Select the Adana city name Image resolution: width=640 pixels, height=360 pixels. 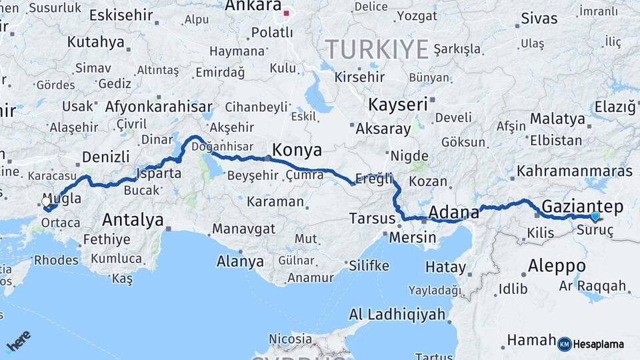[x=453, y=213]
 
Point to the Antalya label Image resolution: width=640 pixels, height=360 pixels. [x=133, y=219]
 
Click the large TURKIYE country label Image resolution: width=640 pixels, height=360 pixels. [x=377, y=49]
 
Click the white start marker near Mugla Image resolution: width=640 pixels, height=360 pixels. [x=46, y=201]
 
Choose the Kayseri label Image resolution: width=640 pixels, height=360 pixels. [x=397, y=104]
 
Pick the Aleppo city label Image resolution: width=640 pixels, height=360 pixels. [x=557, y=266]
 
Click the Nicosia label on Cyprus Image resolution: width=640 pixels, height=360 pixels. [x=290, y=339]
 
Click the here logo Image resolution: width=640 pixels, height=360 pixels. [x=18, y=341]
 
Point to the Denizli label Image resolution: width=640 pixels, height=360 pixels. [x=105, y=157]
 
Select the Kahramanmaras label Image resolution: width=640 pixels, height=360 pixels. [x=574, y=171]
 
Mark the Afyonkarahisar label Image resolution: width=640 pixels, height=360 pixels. [x=159, y=106]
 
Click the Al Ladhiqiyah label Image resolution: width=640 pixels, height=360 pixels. [x=397, y=315]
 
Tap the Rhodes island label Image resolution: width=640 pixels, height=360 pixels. [x=56, y=260]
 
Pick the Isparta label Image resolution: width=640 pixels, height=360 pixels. [x=159, y=173]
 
